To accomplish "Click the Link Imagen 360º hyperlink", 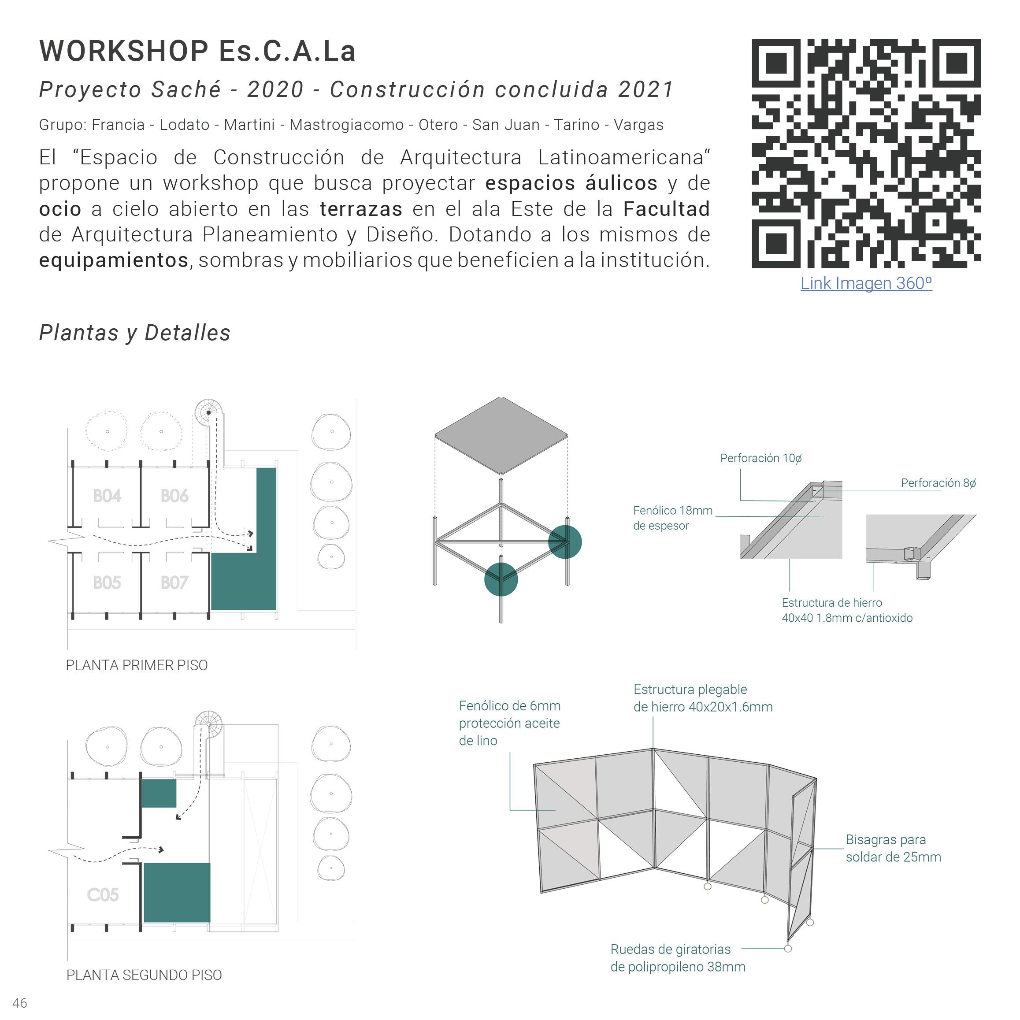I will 866,283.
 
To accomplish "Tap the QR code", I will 866,153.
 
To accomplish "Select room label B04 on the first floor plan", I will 107,496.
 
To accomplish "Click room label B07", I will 174,583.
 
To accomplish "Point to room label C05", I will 103,895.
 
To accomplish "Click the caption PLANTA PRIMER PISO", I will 137,665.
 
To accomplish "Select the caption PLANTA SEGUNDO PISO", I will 144,975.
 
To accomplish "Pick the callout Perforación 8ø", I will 938,482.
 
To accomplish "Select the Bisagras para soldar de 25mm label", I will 893,848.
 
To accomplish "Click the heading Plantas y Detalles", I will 135,333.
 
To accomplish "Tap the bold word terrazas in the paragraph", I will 360,209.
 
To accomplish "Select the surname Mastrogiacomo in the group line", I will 346,125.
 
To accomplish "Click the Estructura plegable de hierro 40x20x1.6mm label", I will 703,698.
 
